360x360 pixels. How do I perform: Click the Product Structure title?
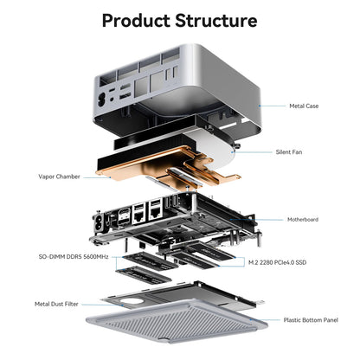point(179,21)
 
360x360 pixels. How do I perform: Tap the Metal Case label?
point(304,106)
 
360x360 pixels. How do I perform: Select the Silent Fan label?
point(289,152)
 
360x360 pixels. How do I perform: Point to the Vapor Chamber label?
point(59,177)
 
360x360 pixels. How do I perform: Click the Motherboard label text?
point(303,220)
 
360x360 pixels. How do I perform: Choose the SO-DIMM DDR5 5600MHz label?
point(74,256)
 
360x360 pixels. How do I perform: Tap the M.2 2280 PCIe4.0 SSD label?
point(277,262)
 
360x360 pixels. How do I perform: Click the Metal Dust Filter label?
point(56,304)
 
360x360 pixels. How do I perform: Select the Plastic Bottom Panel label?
point(311,320)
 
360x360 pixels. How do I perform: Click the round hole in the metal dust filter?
point(132,302)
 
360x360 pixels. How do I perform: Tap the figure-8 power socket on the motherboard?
point(100,223)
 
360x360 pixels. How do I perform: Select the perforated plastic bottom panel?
point(177,321)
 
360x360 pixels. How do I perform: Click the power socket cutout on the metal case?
point(102,99)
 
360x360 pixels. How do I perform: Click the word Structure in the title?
point(216,21)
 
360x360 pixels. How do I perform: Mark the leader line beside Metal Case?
point(272,106)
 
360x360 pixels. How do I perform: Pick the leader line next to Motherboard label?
point(257,220)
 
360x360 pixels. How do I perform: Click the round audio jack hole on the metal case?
point(112,99)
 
